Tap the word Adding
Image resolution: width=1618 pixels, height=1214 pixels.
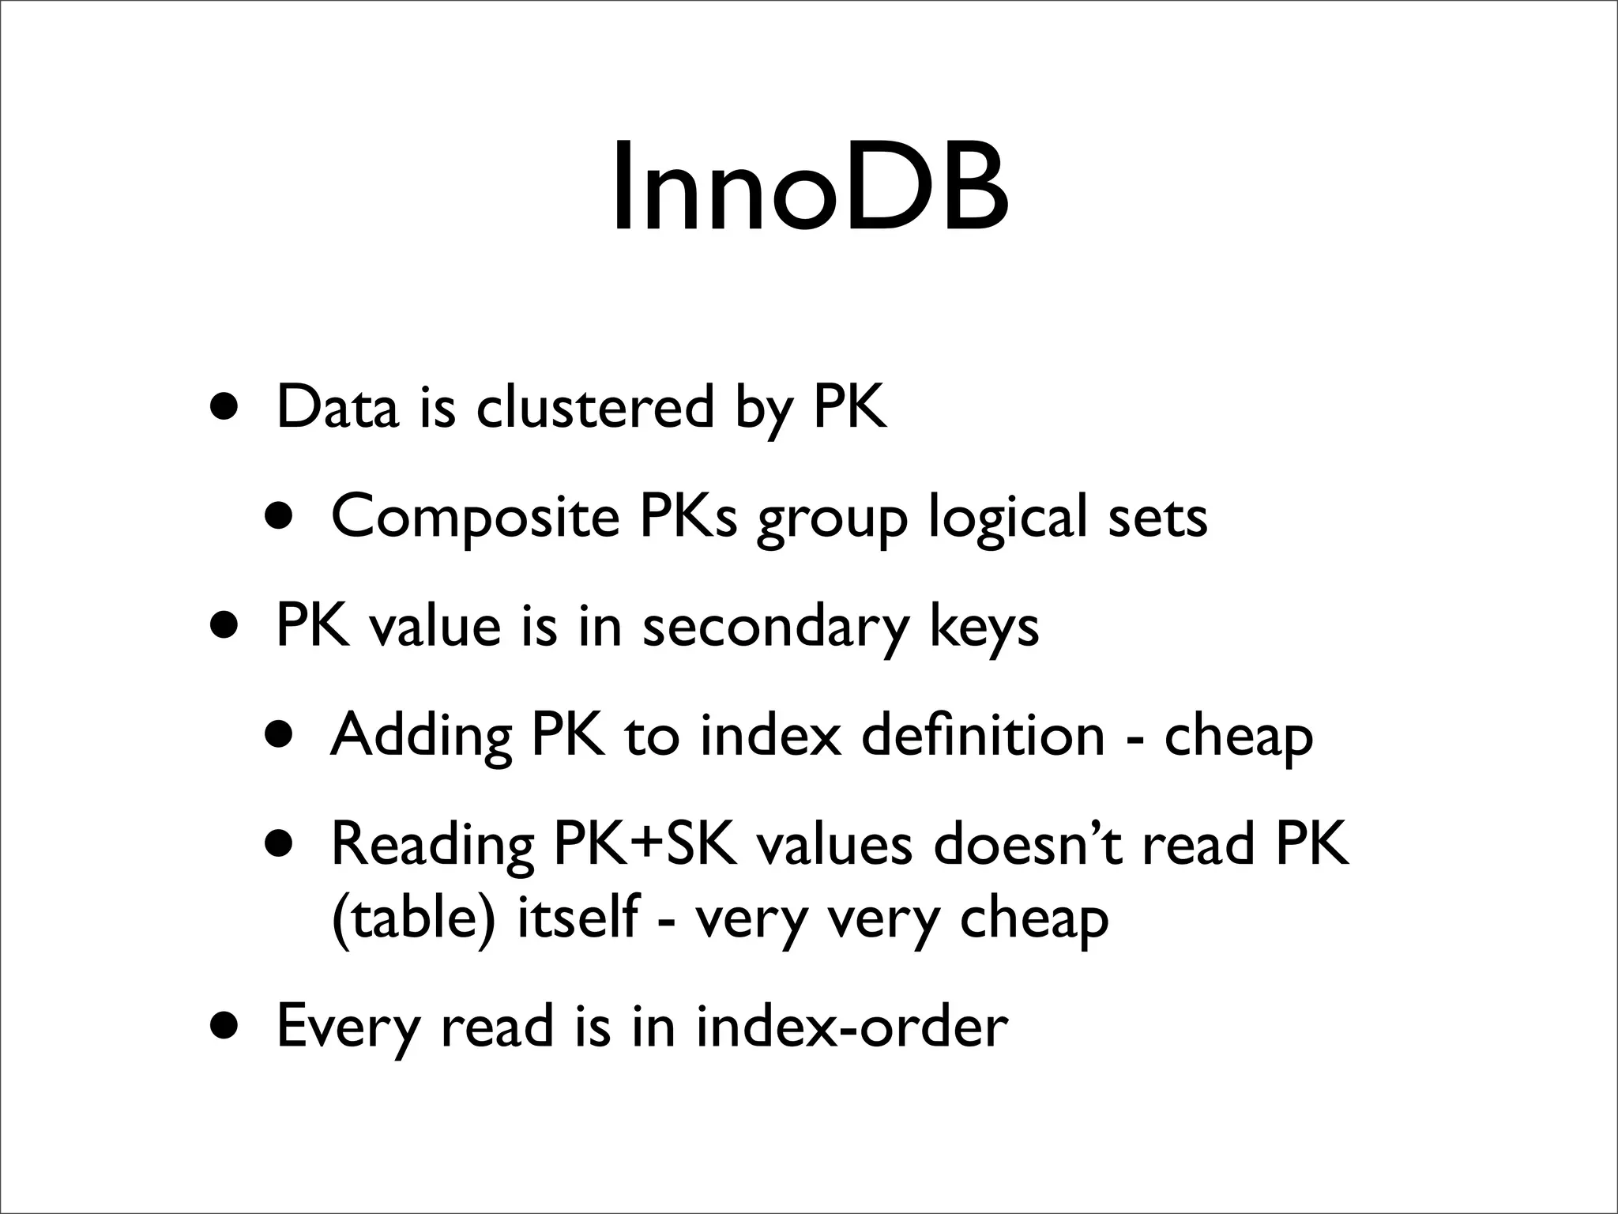tap(421, 736)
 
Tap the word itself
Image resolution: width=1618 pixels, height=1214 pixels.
tap(576, 918)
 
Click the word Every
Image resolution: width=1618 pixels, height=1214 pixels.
tap(348, 1027)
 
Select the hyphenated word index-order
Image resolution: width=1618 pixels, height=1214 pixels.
tap(852, 1027)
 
